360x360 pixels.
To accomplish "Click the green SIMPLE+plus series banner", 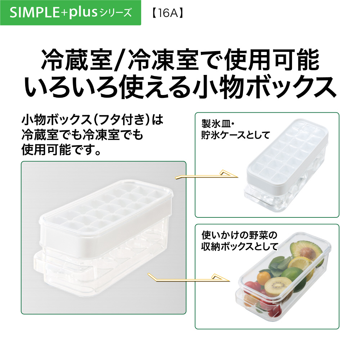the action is (71, 13).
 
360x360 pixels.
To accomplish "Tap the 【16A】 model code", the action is (168, 13).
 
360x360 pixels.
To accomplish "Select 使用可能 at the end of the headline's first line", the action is (272, 60).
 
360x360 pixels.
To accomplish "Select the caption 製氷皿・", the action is (218, 124).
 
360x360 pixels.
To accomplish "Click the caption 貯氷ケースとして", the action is (235, 135).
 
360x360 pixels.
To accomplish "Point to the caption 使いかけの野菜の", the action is (239, 235).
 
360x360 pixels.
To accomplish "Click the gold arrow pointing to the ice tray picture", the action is (206, 175).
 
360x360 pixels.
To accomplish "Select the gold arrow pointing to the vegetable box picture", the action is (189, 278).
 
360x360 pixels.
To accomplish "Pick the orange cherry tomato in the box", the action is (264, 278).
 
